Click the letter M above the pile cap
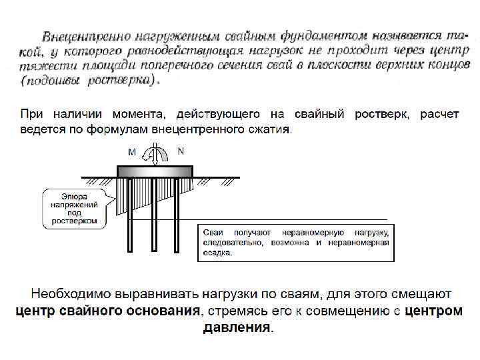click(x=132, y=152)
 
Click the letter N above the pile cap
click(x=181, y=151)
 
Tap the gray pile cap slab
click(x=155, y=171)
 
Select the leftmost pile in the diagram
click(x=129, y=213)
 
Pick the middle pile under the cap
click(x=155, y=213)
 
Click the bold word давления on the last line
click(x=237, y=327)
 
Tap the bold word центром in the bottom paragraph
click(x=433, y=311)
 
